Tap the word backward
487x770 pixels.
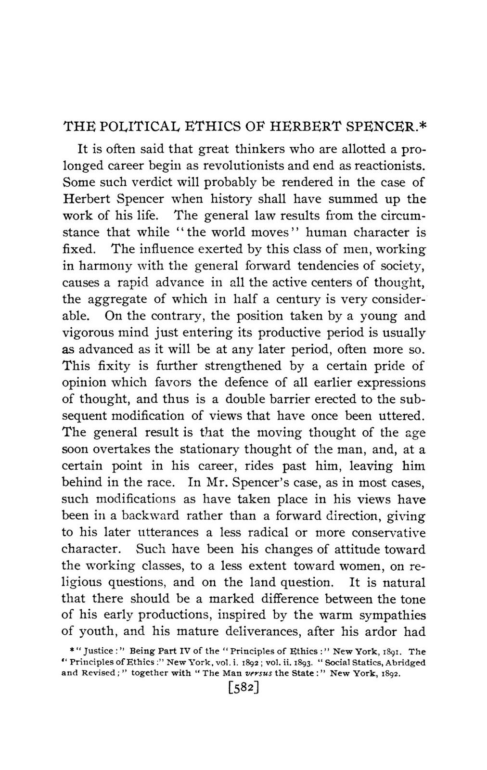click(151, 516)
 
